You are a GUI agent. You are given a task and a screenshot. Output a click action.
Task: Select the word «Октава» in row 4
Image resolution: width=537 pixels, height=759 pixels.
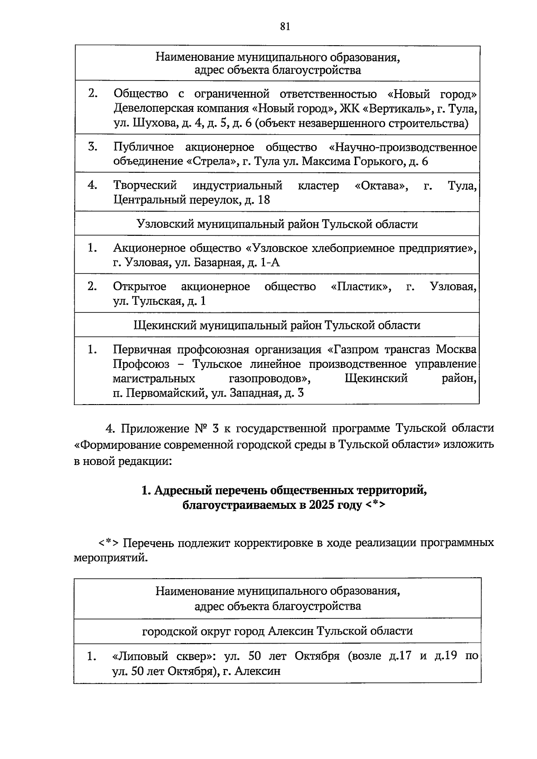[x=381, y=185]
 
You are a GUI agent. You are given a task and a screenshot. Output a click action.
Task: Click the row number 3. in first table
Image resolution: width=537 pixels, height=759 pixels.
[x=93, y=147]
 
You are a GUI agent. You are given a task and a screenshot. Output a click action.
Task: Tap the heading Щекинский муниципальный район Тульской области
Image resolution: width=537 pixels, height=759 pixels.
[x=277, y=325]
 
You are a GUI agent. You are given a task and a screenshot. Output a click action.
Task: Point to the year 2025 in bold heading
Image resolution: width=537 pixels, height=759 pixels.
[x=320, y=505]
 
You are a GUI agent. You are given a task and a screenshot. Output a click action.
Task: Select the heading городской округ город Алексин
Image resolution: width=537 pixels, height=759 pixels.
[x=277, y=631]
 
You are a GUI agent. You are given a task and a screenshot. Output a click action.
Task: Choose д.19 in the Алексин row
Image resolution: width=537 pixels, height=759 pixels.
[x=445, y=656]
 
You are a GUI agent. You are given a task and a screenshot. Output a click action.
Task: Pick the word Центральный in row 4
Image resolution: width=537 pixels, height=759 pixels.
[x=145, y=200]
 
